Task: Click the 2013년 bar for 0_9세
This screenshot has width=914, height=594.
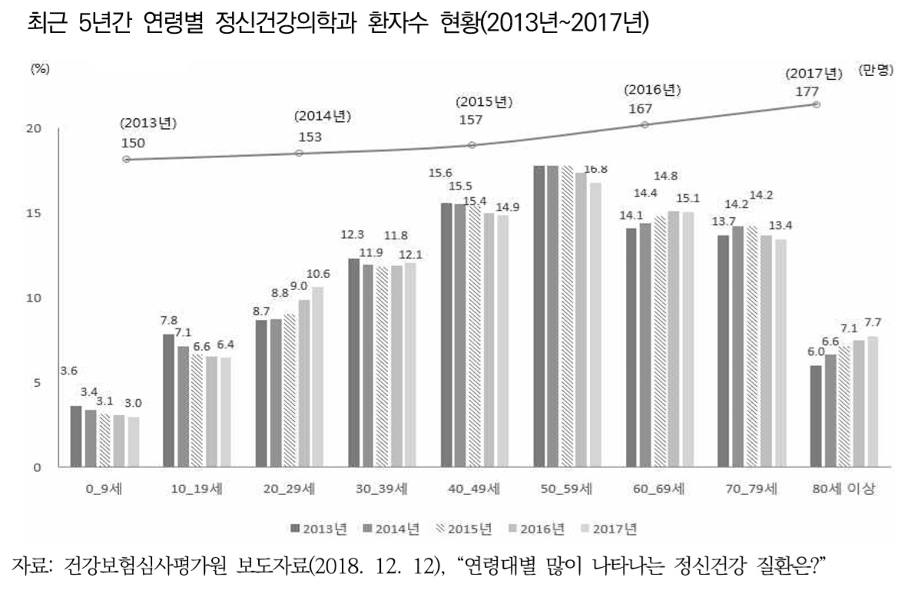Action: point(75,436)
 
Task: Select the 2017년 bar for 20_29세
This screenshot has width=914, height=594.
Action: point(318,377)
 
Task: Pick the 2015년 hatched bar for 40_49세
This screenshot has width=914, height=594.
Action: point(474,335)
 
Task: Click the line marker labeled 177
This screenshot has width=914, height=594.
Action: point(816,104)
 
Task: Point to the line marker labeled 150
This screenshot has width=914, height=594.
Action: point(127,160)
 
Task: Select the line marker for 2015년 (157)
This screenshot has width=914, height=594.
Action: point(472,144)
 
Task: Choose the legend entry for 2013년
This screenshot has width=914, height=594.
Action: point(319,528)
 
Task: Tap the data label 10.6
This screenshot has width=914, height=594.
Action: point(320,274)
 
